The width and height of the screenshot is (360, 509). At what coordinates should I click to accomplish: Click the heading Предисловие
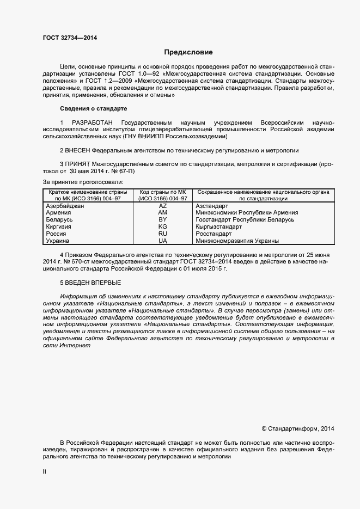[x=189, y=53]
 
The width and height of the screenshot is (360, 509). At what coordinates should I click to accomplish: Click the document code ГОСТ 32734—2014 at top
[x=70, y=38]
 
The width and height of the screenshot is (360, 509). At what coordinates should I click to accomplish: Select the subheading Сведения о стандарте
[x=93, y=109]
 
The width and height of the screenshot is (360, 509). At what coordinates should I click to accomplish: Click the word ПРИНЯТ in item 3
[x=78, y=164]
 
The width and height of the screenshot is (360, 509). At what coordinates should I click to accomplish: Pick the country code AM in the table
[x=162, y=213]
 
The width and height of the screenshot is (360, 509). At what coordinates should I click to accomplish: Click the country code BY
[x=162, y=219]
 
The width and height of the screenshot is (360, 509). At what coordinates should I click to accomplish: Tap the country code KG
[x=162, y=226]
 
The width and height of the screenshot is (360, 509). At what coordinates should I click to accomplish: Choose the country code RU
[x=162, y=233]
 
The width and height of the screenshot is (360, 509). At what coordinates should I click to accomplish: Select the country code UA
[x=162, y=240]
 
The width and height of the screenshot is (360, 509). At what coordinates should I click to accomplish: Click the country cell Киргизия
[x=59, y=226]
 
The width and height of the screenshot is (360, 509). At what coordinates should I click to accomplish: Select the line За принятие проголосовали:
[x=83, y=182]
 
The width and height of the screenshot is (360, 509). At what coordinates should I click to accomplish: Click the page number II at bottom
[x=45, y=472]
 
